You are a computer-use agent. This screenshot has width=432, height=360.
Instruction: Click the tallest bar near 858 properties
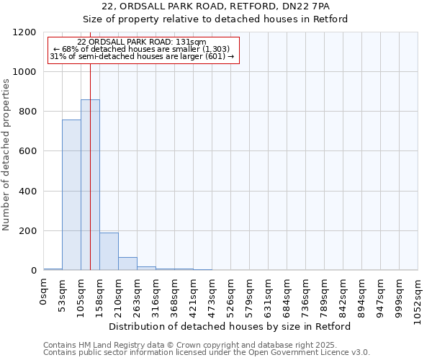click(x=90, y=185)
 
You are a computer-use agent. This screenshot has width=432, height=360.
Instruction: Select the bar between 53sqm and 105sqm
click(x=71, y=195)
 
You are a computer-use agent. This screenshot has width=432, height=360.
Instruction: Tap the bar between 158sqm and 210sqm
click(x=109, y=251)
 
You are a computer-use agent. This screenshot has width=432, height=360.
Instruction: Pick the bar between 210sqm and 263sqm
click(x=127, y=264)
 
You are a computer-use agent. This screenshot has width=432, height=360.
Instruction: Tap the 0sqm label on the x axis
click(x=44, y=294)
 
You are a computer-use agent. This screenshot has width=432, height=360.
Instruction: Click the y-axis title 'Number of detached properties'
click(x=6, y=155)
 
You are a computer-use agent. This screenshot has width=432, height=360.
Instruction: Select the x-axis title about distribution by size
click(x=230, y=326)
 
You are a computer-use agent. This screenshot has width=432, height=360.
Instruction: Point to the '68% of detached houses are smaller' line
click(x=142, y=49)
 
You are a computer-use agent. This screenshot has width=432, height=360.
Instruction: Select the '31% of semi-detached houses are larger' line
click(x=142, y=56)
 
